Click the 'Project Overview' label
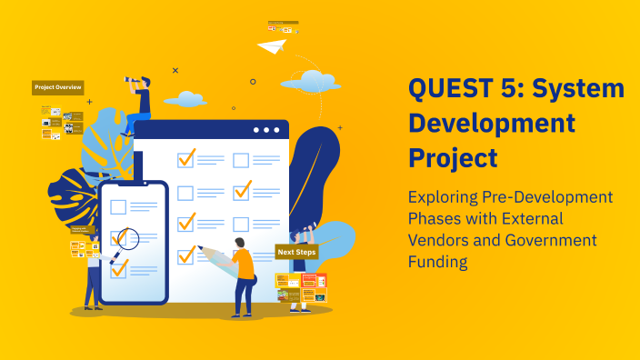(58, 87)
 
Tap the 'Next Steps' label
(296, 252)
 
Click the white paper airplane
(272, 45)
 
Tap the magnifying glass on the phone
(126, 240)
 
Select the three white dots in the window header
(267, 130)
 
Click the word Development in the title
(492, 123)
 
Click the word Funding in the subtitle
(437, 262)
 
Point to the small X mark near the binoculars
(175, 70)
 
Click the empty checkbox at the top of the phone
(117, 206)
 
